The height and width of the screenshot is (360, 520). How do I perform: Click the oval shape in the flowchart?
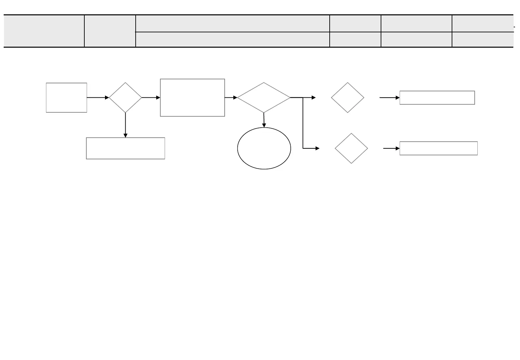point(264,148)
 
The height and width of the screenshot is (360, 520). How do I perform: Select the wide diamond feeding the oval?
point(264,98)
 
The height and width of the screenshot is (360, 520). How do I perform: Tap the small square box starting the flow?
point(66,98)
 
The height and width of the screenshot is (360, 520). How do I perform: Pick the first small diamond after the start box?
point(125,98)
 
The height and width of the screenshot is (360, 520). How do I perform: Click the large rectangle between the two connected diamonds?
point(192,98)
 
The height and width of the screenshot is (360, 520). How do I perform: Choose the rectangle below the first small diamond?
point(125,148)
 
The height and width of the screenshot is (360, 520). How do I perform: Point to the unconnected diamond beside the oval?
point(351,148)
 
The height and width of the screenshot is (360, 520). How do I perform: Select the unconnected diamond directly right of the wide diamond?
point(347,98)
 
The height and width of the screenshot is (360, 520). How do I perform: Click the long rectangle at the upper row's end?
point(437,98)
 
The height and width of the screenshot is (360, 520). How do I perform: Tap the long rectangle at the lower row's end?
point(438,148)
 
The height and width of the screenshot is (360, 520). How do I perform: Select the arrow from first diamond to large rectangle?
point(151,98)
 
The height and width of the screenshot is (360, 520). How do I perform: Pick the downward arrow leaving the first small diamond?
point(125,125)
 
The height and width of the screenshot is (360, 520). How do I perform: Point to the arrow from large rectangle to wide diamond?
point(231,98)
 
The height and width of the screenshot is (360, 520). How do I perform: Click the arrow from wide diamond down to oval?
point(264,120)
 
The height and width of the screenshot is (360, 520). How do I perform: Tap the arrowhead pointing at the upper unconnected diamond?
point(313,98)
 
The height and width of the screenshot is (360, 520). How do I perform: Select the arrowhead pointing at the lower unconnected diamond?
point(317,148)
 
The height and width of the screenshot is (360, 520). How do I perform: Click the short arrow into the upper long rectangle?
point(390,98)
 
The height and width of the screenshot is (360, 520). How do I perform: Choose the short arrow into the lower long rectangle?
point(391,148)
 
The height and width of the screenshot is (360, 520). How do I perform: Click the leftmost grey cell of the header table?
point(44,31)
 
